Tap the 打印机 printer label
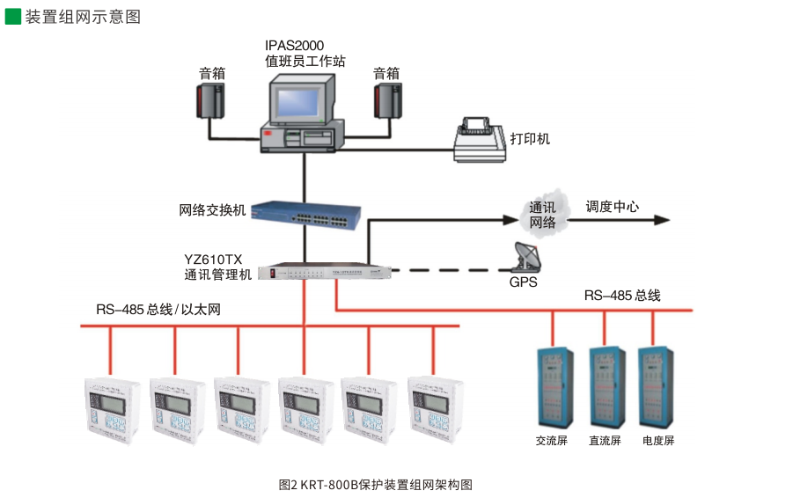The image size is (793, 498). click(x=531, y=139)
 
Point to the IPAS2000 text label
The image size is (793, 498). click(x=294, y=45)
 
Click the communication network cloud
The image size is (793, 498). click(x=542, y=213)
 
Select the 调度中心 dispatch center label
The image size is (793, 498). click(x=613, y=207)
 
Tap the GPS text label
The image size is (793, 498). click(x=524, y=283)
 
